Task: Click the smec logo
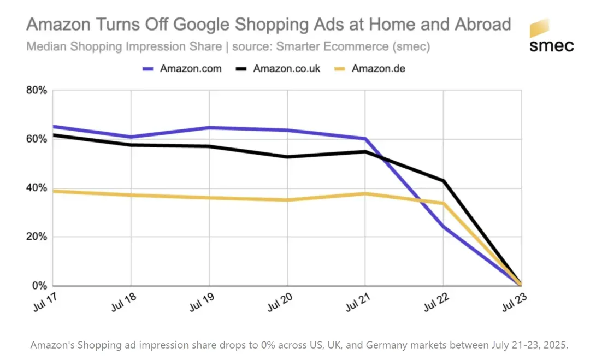click(551, 36)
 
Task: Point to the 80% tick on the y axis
click(37, 90)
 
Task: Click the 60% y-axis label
click(37, 139)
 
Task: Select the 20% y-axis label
click(37, 237)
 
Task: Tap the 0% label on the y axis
click(39, 286)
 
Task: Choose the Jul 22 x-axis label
click(434, 302)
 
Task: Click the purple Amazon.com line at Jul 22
click(444, 227)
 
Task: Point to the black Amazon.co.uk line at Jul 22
click(444, 181)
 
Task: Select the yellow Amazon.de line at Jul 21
click(365, 193)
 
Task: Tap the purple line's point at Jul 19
click(209, 128)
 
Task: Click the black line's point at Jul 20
click(287, 157)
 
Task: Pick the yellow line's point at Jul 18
click(131, 195)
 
